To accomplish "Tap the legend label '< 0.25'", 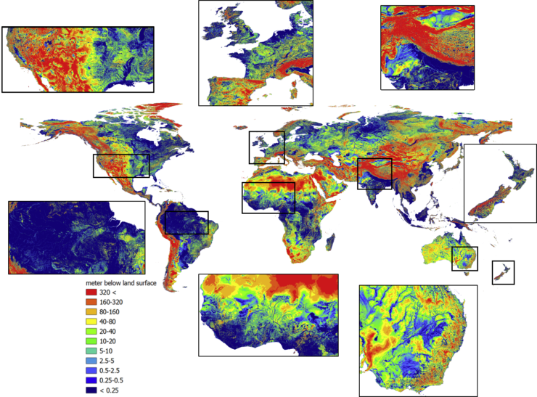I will coord(109,390).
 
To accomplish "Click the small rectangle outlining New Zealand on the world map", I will coord(503,272).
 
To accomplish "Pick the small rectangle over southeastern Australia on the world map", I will coord(464,259).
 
